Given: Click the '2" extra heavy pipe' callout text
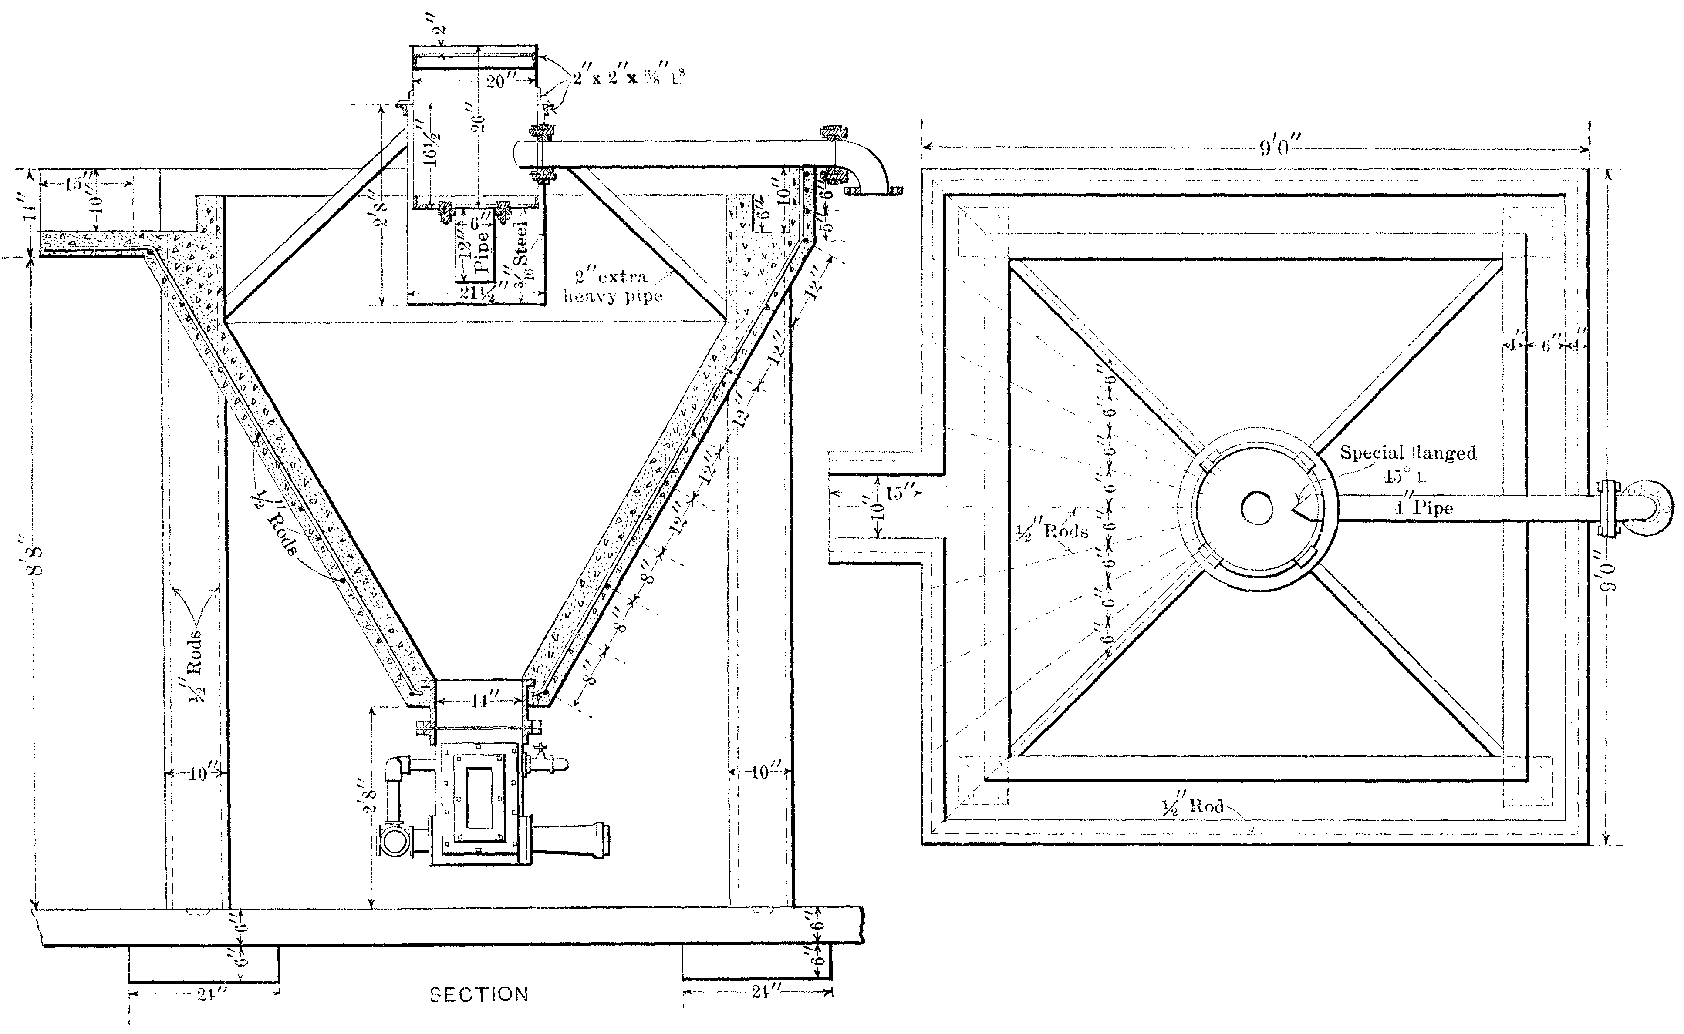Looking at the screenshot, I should click(612, 286).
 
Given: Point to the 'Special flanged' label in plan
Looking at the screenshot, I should click(1407, 453).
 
